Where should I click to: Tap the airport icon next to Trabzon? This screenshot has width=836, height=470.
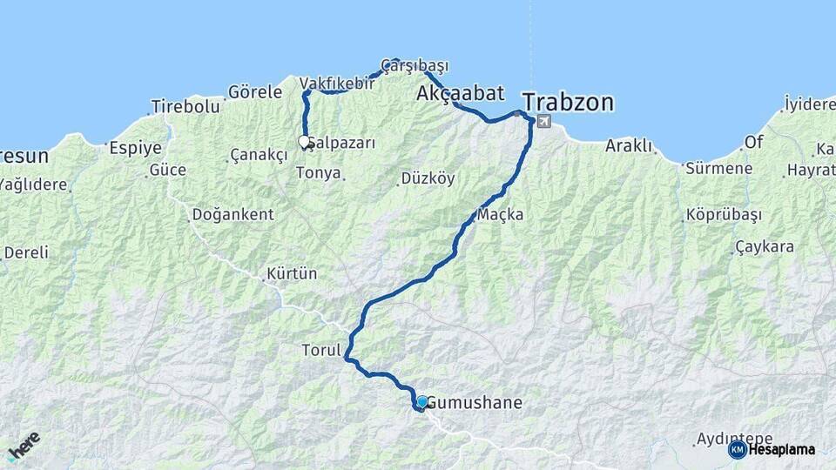click(545, 122)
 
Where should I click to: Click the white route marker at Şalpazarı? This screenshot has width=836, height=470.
click(304, 140)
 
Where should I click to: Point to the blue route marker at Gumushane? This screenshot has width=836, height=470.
click(422, 401)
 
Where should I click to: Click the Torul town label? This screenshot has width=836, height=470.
click(320, 351)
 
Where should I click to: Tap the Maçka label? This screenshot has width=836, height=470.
click(501, 214)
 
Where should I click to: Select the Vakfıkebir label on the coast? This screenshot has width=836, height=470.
click(337, 83)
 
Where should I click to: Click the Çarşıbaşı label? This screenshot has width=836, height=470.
click(415, 65)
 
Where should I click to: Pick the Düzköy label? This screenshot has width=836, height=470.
click(428, 178)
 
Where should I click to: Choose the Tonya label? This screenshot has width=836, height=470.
click(318, 172)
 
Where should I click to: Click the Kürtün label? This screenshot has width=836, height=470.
click(292, 274)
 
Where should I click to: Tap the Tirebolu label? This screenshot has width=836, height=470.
click(185, 106)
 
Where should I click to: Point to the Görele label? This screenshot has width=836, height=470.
click(255, 91)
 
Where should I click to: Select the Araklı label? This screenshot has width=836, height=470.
click(629, 145)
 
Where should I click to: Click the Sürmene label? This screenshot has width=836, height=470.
click(718, 168)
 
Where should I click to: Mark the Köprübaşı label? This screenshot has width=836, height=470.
click(724, 214)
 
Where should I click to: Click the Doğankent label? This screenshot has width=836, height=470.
click(233, 214)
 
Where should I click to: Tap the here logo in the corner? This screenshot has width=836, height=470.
click(24, 446)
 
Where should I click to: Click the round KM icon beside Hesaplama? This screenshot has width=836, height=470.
click(737, 449)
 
